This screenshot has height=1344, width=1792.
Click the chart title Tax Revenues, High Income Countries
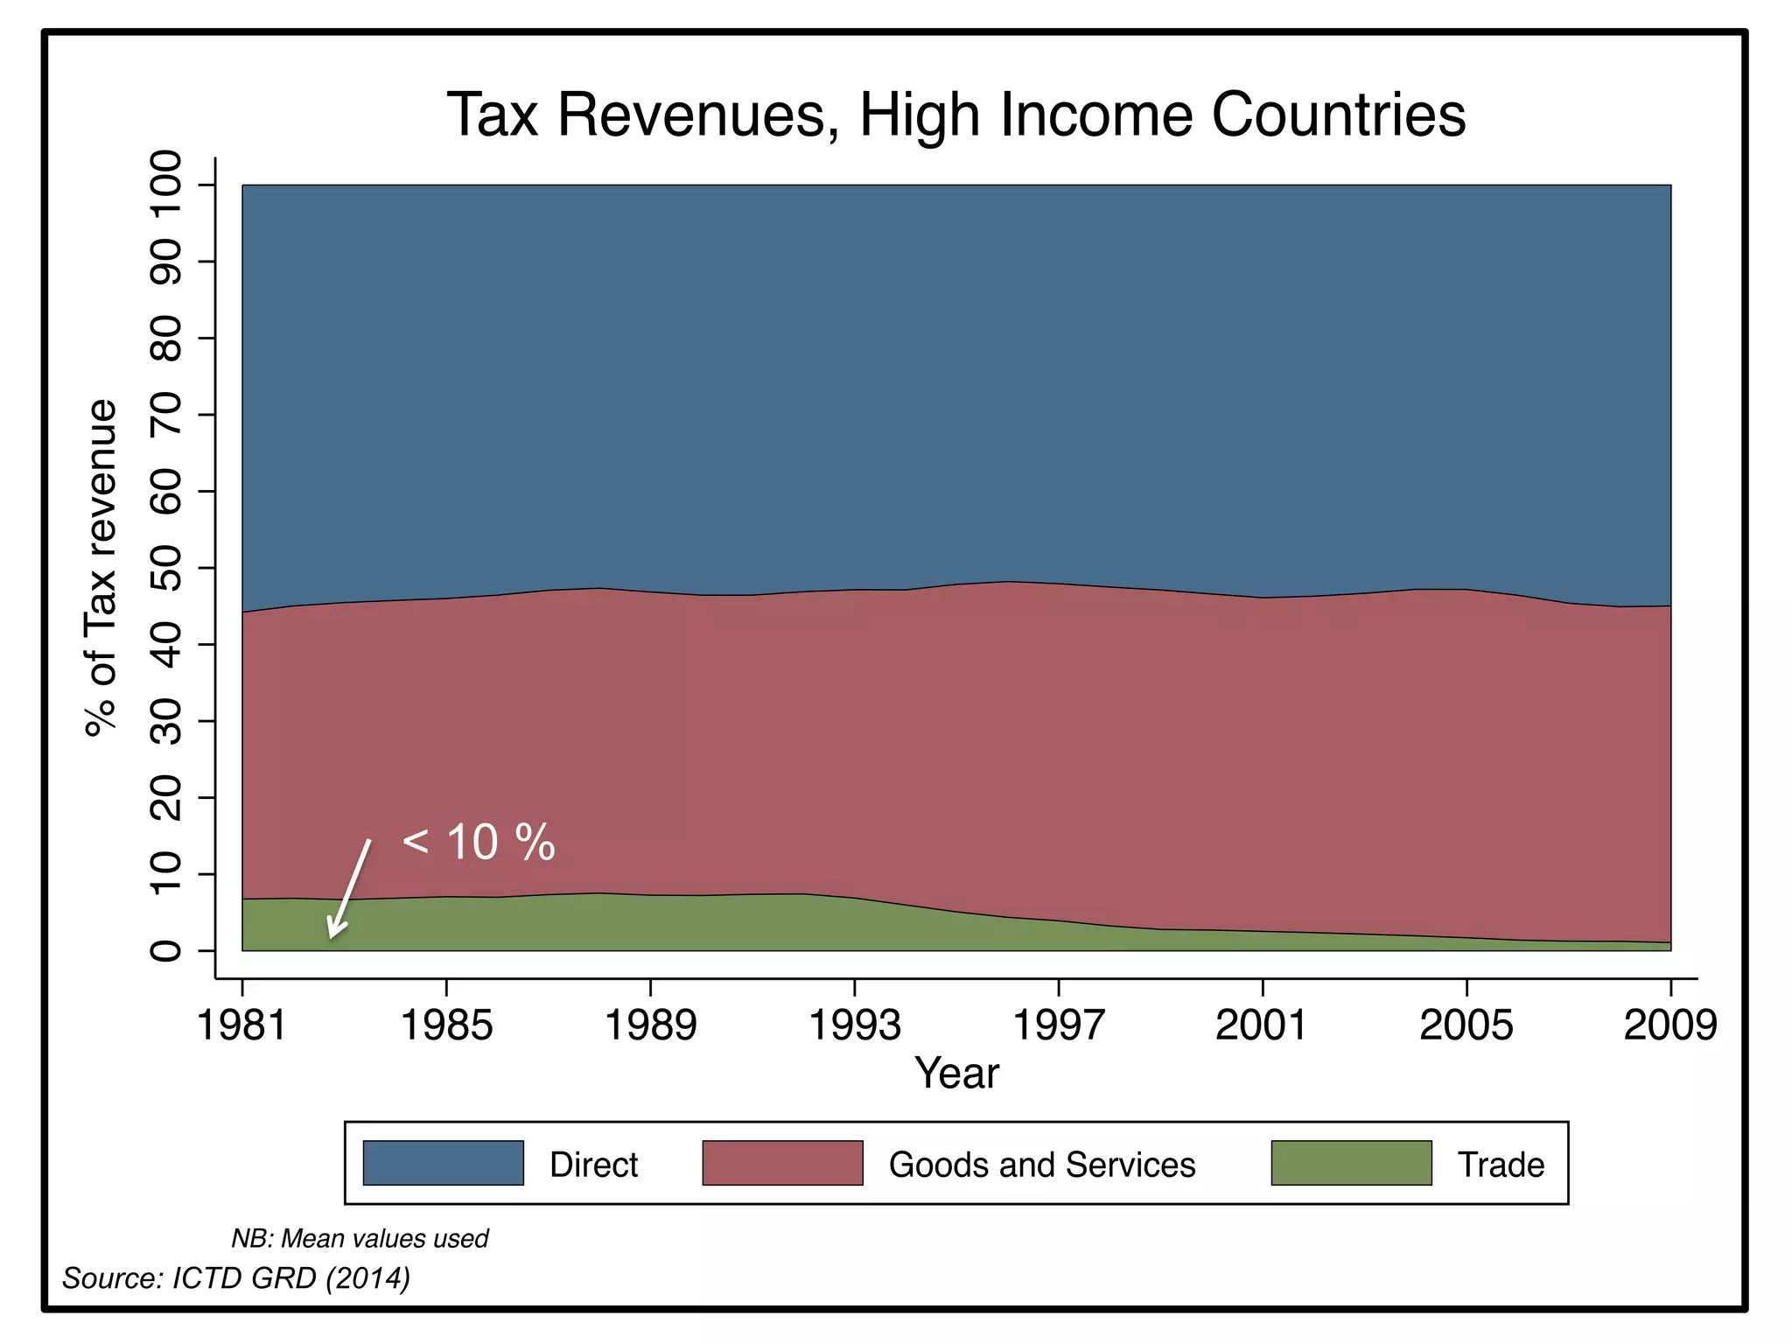point(955,115)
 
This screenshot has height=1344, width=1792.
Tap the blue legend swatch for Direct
point(443,1163)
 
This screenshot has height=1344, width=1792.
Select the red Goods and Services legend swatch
point(782,1163)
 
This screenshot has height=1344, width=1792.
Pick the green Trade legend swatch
point(1351,1163)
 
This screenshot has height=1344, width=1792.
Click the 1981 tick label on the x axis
point(242,1025)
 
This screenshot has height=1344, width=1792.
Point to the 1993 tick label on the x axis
point(854,1025)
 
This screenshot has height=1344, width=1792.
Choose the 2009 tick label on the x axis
point(1669,1025)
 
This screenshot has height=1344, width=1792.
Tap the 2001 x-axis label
point(1262,1025)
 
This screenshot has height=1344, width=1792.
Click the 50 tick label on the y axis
point(166,568)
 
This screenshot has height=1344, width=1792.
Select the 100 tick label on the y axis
point(166,185)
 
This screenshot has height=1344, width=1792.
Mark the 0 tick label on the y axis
point(166,950)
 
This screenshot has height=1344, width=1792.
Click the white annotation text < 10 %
point(479,843)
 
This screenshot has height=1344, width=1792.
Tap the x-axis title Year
point(956,1073)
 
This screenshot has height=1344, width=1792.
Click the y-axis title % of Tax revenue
point(101,568)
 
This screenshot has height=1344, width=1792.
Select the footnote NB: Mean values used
point(359,1238)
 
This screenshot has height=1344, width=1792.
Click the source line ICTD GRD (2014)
point(236,1278)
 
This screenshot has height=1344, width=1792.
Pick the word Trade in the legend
point(1501,1165)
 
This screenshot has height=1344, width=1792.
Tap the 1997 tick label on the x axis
point(1059,1025)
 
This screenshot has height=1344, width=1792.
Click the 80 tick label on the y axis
point(166,338)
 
